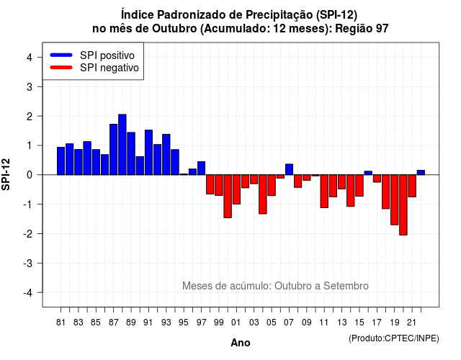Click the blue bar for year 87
114,149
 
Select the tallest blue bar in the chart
122,145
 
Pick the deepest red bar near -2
403,204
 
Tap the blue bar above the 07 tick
290,169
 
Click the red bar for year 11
324,192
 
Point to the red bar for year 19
395,200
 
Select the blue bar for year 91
149,152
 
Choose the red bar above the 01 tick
237,189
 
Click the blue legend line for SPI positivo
61,55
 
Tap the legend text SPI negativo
109,68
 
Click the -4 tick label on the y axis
28,293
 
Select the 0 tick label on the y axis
30,175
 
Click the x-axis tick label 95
184,323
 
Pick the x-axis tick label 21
412,323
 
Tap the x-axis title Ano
241,343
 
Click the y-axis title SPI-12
6,174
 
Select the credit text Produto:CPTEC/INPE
394,338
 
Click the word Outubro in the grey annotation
293,286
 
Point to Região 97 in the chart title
362,29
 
